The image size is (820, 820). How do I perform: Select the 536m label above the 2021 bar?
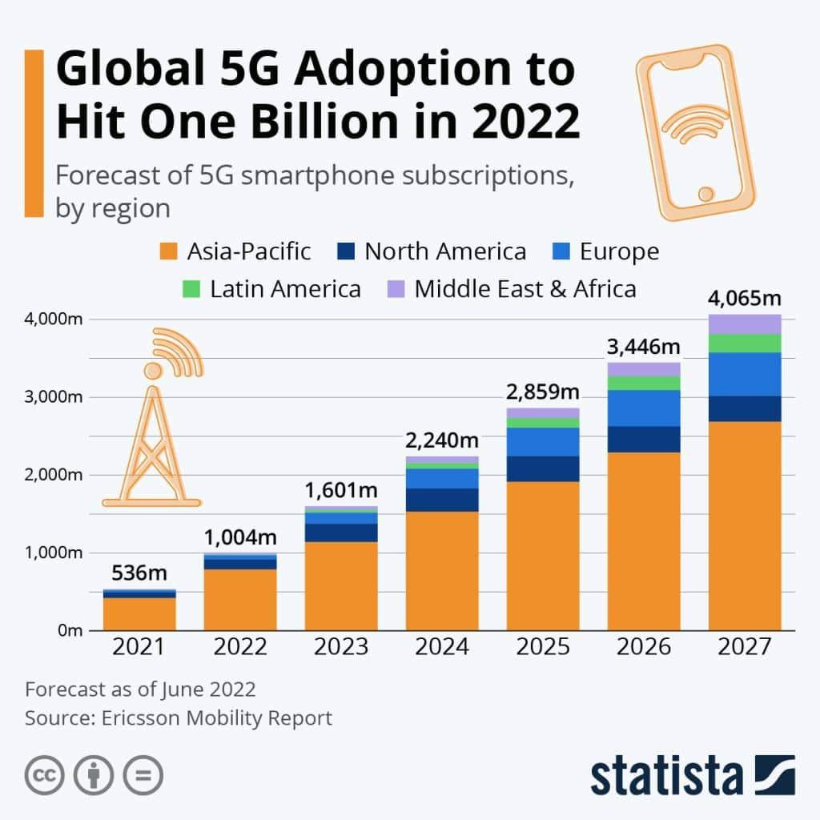tap(139, 573)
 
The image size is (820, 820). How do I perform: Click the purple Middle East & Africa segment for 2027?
tap(745, 324)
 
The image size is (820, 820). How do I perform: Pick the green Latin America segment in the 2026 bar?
tap(644, 383)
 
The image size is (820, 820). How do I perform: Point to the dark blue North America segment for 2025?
tap(543, 468)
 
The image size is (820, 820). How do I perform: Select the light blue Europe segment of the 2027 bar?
tap(745, 374)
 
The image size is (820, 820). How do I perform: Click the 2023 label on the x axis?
tap(341, 647)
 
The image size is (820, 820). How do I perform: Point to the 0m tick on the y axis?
tap(69, 630)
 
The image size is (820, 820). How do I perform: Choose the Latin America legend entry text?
tap(285, 288)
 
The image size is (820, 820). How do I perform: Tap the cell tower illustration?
tap(152, 424)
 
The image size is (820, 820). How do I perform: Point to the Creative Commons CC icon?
tap(44, 775)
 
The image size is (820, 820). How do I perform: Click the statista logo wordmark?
tap(666, 776)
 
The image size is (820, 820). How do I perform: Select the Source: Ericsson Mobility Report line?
tap(178, 718)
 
